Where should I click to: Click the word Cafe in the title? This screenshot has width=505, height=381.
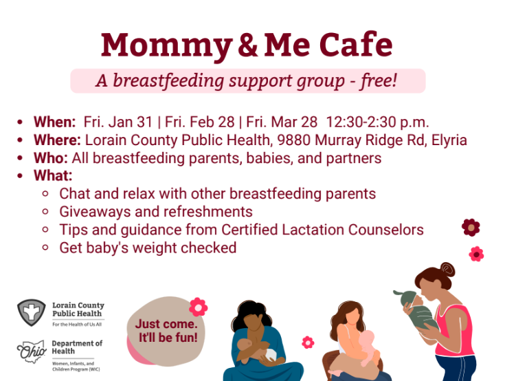pos(356,45)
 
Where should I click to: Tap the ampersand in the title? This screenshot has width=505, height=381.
pos(247,45)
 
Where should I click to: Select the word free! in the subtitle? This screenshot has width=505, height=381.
pos(379,80)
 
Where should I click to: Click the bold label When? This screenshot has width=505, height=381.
pos(55,122)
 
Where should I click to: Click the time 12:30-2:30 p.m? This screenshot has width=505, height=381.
pos(377,122)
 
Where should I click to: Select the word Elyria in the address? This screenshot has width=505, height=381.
pos(449,140)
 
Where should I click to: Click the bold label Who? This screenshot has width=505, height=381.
pos(51,158)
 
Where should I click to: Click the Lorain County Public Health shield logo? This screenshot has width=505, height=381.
pos(31,312)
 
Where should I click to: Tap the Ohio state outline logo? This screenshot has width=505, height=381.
pos(31,351)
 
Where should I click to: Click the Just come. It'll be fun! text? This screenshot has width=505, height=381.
pos(166,331)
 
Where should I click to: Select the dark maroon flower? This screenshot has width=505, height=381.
pos(471,228)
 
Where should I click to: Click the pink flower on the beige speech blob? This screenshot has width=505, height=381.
pos(198,307)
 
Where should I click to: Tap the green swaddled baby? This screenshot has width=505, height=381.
pos(417,309)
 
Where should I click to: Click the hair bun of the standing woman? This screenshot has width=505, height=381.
pos(448,270)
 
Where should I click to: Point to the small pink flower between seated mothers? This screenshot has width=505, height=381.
pos(308,342)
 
